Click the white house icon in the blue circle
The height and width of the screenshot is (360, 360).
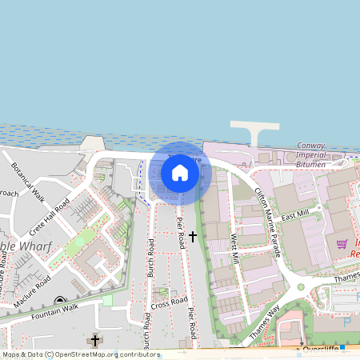tap(180, 173)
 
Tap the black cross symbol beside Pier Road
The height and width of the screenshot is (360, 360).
tap(193, 237)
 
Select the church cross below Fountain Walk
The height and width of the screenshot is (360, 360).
tap(95, 341)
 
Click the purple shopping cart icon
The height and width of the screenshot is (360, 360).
tap(342, 243)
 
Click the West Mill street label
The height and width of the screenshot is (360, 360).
tap(234, 249)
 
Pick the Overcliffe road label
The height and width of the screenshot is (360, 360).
tap(322, 350)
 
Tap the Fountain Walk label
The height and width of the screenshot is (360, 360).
tap(57, 309)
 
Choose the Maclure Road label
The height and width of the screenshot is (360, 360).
tap(31, 289)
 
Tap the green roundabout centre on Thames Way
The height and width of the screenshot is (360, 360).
tap(301, 286)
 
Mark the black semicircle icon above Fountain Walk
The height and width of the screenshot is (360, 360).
tap(59, 301)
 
